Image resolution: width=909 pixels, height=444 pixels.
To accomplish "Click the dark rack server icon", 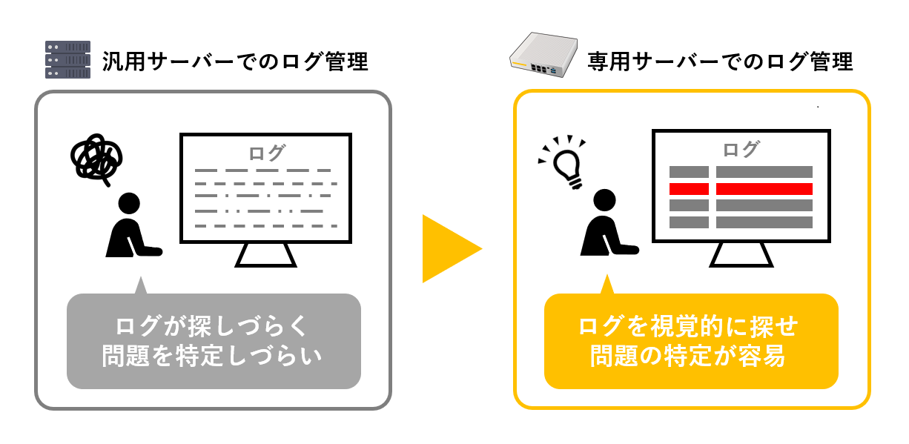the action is [67, 59].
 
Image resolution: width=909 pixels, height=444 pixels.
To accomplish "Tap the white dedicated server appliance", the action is [543, 55].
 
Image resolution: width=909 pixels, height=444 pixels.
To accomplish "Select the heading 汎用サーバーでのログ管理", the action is [235, 62].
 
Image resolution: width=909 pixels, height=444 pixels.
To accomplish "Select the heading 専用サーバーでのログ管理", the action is [720, 62].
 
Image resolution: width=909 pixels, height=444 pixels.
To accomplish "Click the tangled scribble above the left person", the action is [96, 159].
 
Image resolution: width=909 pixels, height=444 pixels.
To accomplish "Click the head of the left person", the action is [129, 203].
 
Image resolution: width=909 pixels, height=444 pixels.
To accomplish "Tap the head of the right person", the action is [604, 200].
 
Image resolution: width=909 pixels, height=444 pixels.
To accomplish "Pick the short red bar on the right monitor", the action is [689, 189].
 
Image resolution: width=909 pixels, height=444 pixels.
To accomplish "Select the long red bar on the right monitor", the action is [764, 189].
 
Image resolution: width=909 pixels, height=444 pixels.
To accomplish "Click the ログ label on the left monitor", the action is [267, 153].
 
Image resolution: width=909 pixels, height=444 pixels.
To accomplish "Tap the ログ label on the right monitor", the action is [741, 149].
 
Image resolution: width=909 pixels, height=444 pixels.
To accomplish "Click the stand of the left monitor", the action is [265, 255].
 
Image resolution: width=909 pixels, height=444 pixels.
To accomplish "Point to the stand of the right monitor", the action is [741, 254].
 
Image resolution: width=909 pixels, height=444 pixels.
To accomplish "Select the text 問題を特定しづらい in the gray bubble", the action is [212, 356].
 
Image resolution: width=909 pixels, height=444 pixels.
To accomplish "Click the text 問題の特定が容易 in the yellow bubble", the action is [688, 356].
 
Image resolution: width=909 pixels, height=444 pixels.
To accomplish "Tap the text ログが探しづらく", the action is [212, 326].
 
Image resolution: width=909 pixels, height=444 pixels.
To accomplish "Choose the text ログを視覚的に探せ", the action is [688, 326].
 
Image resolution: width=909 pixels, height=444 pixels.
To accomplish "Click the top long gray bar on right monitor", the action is [764, 172].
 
